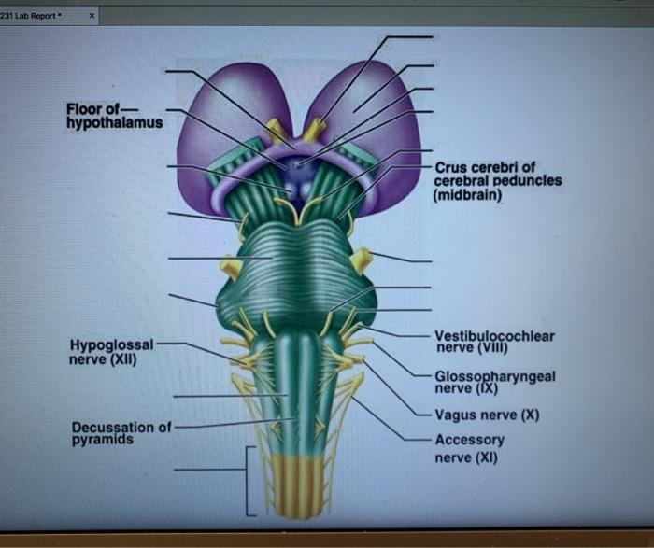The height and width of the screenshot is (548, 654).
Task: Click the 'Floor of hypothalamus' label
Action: pos(114,116)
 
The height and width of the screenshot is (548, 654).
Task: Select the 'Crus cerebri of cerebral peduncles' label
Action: pos(498,175)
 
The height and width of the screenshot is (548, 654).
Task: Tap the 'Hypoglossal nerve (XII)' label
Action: pos(111,352)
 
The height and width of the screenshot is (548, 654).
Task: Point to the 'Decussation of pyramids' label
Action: pos(121,433)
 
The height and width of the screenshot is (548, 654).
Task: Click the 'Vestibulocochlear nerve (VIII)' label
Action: pos(494,342)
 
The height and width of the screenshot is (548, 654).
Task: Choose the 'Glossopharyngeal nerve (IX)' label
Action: pos(495,382)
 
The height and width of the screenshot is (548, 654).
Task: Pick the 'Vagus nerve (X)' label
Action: pos(487,415)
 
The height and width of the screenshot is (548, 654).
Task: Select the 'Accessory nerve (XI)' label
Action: pos(470,448)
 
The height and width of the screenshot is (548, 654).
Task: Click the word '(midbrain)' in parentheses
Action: pos(467,195)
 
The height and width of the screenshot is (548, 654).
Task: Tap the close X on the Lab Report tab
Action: pos(92,16)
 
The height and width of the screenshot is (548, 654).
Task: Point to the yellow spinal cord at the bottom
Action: pos(297,485)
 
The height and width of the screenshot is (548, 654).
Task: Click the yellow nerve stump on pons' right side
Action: pos(362,260)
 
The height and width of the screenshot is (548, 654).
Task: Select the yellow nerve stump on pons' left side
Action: pos(230,266)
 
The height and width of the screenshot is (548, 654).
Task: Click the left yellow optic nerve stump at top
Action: pos(277,130)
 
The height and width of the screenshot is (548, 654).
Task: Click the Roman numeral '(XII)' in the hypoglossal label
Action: pos(123,359)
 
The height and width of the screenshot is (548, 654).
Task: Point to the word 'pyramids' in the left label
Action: pos(103,440)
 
